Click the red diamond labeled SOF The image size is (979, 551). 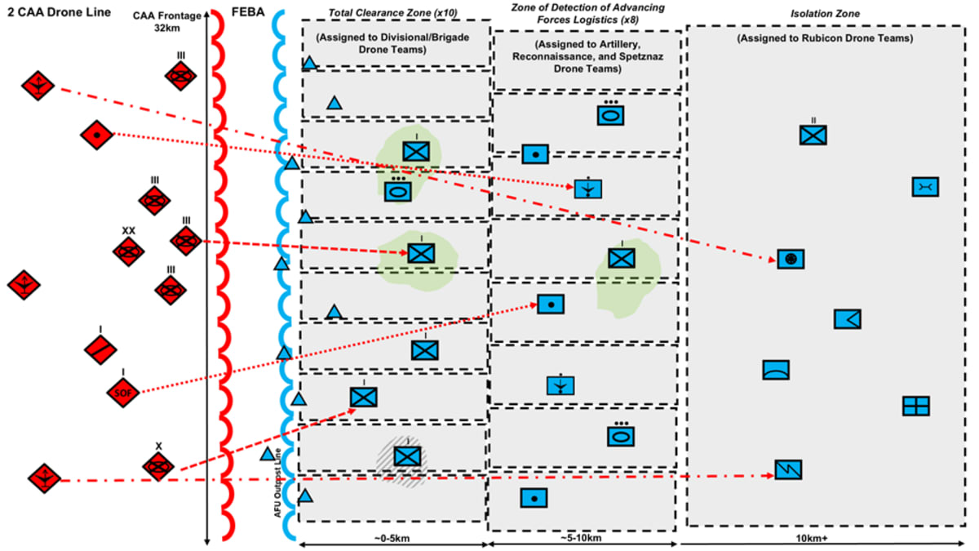[122, 393]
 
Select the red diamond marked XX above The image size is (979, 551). [128, 252]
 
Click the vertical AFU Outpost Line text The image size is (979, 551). [278, 482]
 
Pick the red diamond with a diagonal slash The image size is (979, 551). [100, 349]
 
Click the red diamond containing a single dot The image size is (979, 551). [96, 133]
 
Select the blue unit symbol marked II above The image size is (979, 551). [813, 135]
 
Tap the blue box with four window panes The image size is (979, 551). [916, 406]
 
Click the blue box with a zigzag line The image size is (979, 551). [789, 469]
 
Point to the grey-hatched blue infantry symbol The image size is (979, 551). [406, 455]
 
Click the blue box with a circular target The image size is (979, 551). [791, 259]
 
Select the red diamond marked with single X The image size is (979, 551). [158, 466]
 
